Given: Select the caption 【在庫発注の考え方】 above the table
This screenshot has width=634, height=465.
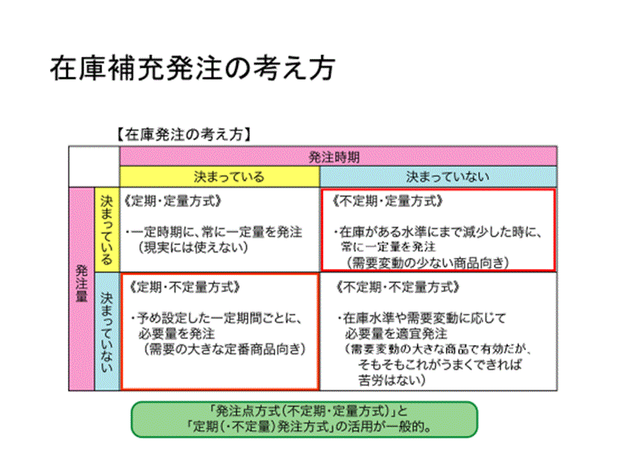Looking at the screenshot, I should [182, 135].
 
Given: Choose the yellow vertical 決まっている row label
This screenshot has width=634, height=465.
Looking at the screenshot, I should [106, 230].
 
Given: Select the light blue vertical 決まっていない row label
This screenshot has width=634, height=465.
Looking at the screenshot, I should [106, 332].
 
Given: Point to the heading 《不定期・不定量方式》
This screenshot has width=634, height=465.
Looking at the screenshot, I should [398, 286].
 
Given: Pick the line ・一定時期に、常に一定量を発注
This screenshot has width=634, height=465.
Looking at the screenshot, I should [214, 232].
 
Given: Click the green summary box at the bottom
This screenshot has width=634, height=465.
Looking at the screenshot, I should [304, 419].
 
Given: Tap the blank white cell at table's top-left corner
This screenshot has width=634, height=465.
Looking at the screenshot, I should [94, 166].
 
